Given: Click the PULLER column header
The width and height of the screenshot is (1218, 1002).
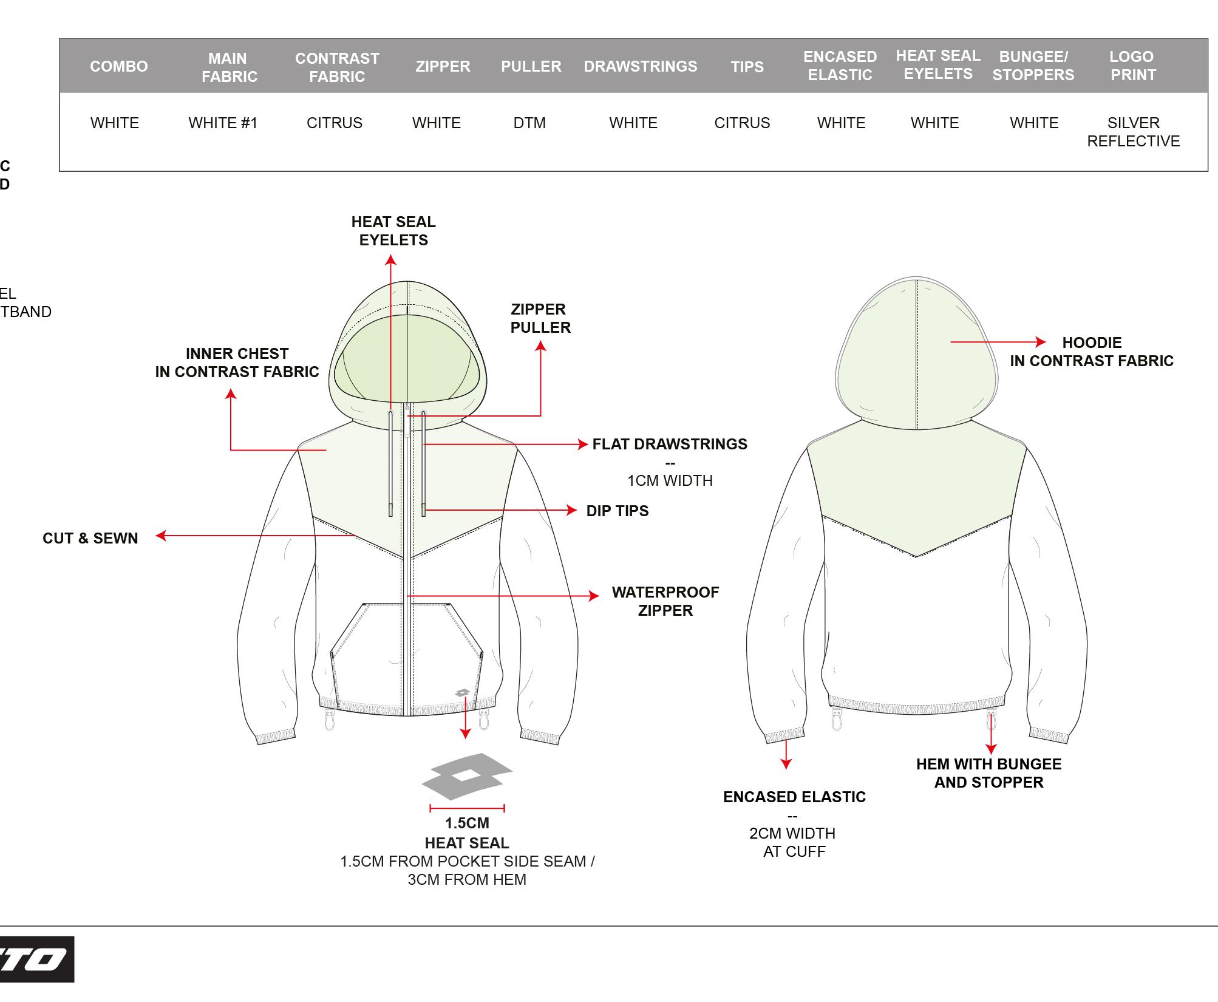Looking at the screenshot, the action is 531,66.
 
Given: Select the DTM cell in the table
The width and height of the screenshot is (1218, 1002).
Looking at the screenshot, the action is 529,123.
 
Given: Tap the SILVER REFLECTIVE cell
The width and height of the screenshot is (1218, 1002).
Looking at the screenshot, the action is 1133,132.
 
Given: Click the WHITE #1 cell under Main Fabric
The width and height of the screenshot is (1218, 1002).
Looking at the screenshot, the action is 223,123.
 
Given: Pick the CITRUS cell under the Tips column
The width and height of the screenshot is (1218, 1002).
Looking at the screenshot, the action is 741,123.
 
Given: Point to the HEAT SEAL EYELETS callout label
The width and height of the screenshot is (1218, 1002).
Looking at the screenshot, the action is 393,231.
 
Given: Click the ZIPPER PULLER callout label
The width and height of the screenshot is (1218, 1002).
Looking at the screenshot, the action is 540,318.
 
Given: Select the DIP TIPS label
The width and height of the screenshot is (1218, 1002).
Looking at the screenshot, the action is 617,511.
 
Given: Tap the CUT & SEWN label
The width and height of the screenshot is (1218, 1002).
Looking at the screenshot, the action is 90,538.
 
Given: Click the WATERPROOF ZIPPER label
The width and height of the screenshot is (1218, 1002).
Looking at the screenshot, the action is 665,601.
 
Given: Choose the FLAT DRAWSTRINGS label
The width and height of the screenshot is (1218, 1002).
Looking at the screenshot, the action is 670,444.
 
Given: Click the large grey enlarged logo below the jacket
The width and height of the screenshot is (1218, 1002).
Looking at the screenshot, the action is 467,776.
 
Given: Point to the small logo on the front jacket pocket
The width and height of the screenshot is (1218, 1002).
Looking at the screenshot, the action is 462,693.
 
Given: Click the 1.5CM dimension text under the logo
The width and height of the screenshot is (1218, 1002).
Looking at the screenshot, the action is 467,823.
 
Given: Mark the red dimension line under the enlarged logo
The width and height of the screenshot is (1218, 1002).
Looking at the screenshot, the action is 467,808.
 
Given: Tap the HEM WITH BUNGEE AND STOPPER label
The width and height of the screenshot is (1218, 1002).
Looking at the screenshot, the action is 988,773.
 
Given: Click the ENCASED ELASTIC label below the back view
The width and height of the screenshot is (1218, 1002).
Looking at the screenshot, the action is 794,797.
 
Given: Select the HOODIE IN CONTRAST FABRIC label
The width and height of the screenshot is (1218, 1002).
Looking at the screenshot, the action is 1091,352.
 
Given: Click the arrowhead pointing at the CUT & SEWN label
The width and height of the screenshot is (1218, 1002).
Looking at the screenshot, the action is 161,536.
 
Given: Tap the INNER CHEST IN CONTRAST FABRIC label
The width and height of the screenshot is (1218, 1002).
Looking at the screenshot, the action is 237,363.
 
